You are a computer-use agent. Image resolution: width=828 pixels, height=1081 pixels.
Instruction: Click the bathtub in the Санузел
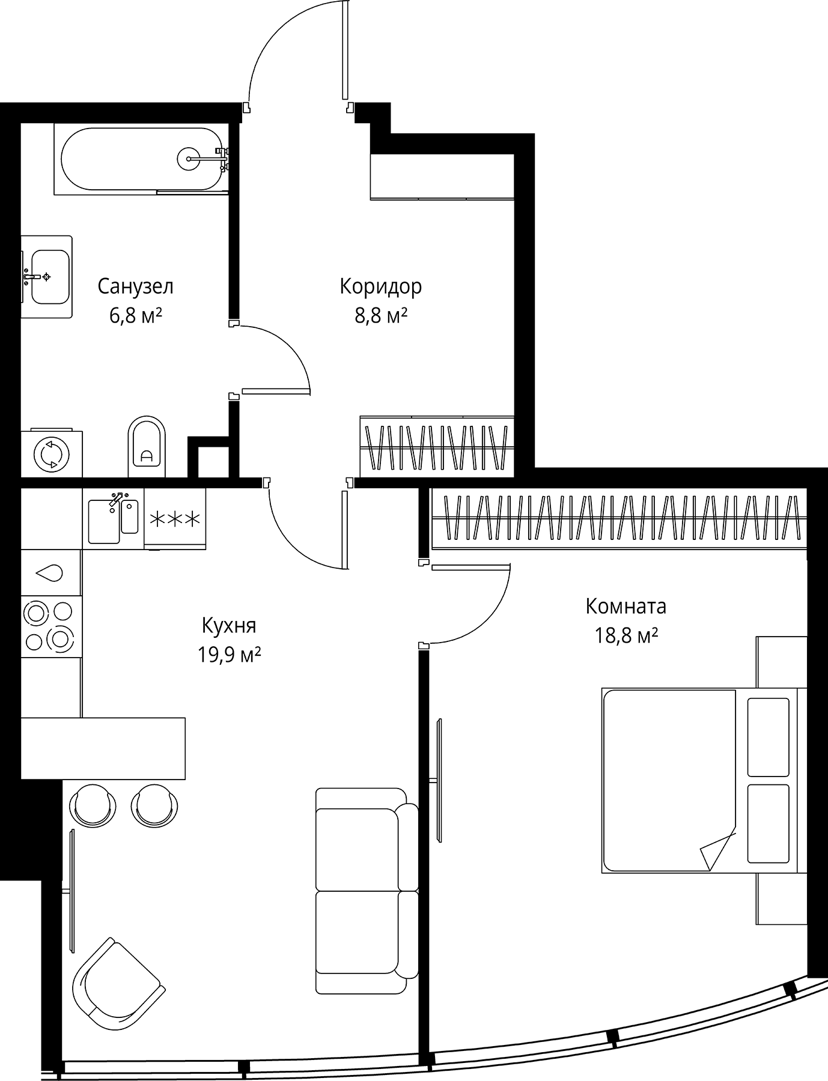(x=142, y=159)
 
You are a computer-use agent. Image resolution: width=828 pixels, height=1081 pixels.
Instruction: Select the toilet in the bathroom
(x=146, y=446)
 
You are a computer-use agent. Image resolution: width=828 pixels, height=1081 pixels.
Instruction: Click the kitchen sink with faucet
(x=114, y=517)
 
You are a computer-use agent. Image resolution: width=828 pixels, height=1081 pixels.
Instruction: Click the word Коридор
(x=381, y=286)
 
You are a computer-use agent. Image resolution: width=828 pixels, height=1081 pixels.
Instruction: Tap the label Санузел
(x=136, y=286)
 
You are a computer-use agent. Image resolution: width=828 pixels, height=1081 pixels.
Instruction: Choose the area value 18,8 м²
(x=626, y=635)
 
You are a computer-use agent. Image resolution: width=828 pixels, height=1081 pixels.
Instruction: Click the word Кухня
(x=229, y=626)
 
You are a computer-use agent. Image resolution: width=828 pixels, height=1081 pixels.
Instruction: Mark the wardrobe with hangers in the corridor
(x=437, y=447)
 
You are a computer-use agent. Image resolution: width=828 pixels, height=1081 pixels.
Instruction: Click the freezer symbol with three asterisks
(x=175, y=518)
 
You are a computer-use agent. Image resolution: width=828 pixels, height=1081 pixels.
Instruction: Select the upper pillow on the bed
(x=768, y=737)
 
